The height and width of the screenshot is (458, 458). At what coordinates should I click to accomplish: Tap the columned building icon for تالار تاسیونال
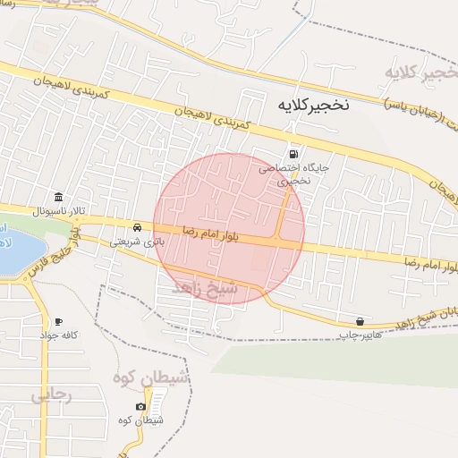pos(58,197)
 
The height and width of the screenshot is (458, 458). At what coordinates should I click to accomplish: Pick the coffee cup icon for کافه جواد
pos(58,321)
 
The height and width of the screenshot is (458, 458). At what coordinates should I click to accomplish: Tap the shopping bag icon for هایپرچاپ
pos(360,321)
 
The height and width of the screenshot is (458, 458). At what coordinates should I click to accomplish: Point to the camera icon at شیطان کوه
pos(140,407)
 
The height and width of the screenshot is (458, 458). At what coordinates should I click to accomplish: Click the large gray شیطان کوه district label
pos(151,379)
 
